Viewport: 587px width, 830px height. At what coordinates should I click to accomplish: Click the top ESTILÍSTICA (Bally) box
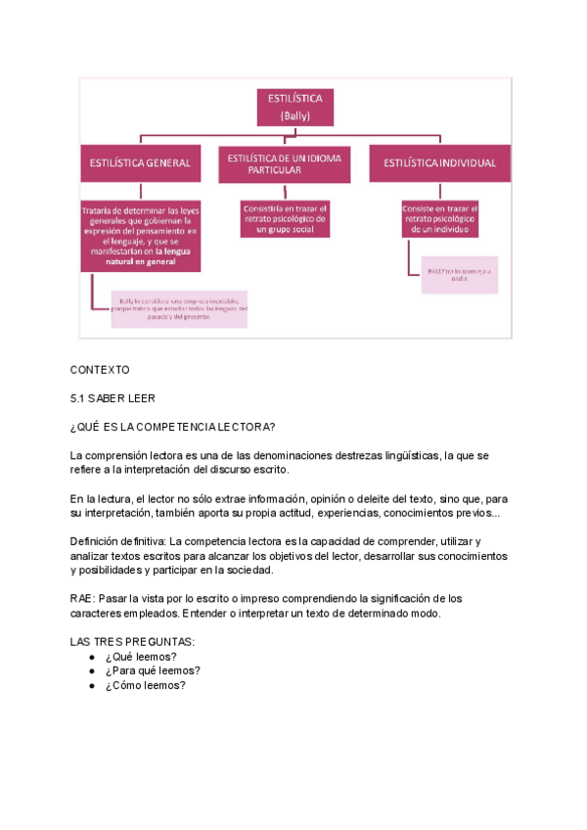click(x=294, y=107)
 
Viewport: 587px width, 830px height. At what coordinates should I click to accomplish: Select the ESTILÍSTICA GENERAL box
click(x=140, y=162)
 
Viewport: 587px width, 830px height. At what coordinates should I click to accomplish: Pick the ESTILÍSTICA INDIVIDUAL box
click(x=439, y=162)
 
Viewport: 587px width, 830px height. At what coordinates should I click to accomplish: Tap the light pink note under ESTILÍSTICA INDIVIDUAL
click(x=459, y=274)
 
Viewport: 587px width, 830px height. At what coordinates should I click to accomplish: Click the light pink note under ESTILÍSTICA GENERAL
click(x=179, y=307)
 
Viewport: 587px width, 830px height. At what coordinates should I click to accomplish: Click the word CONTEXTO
click(x=100, y=370)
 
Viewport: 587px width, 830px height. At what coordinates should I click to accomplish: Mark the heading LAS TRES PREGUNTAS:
click(x=132, y=641)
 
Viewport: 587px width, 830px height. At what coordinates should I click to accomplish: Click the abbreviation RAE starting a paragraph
click(x=82, y=598)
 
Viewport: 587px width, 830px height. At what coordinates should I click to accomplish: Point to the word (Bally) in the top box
click(x=294, y=115)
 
